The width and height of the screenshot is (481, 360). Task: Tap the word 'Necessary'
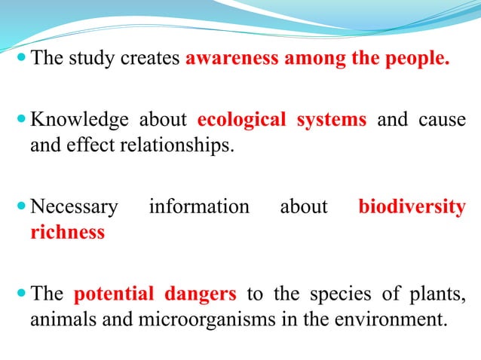point(74,206)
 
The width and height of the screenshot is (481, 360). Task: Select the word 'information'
point(199,206)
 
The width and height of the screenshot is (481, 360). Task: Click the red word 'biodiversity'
point(412,206)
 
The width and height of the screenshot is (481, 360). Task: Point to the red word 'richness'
point(67,231)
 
